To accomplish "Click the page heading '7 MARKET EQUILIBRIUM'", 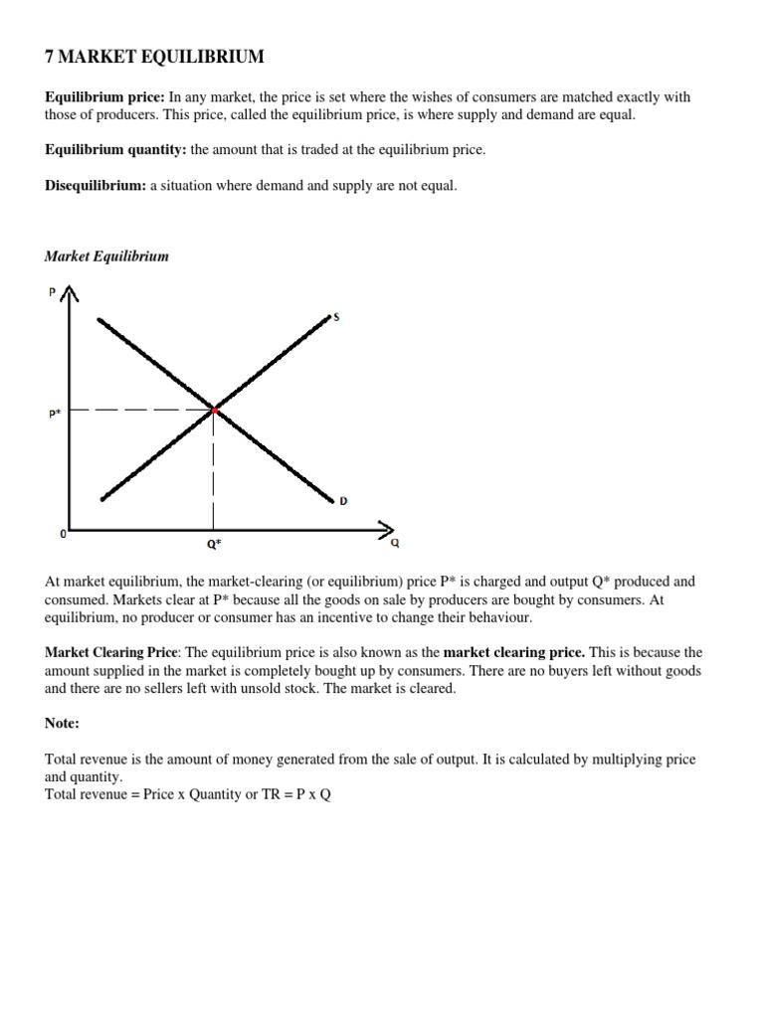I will pos(154,58).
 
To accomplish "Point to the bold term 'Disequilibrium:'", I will pos(95,186).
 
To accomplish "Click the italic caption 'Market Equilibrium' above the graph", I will pos(106,256).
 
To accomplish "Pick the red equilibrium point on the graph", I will pos(214,409).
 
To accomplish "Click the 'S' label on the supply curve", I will pos(336,317).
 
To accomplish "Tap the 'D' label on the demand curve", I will pos(343,501).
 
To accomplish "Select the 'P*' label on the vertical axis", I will pos(55,414).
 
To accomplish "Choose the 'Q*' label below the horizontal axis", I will pos(212,545).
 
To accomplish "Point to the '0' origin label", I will pos(64,534).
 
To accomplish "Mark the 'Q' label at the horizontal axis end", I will pos(395,543).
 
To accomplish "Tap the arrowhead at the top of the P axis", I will pos(69,293).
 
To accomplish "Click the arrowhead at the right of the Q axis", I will pos(387,527).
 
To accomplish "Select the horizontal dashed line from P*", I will pos(139,410).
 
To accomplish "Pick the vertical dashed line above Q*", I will pos(213,467).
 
